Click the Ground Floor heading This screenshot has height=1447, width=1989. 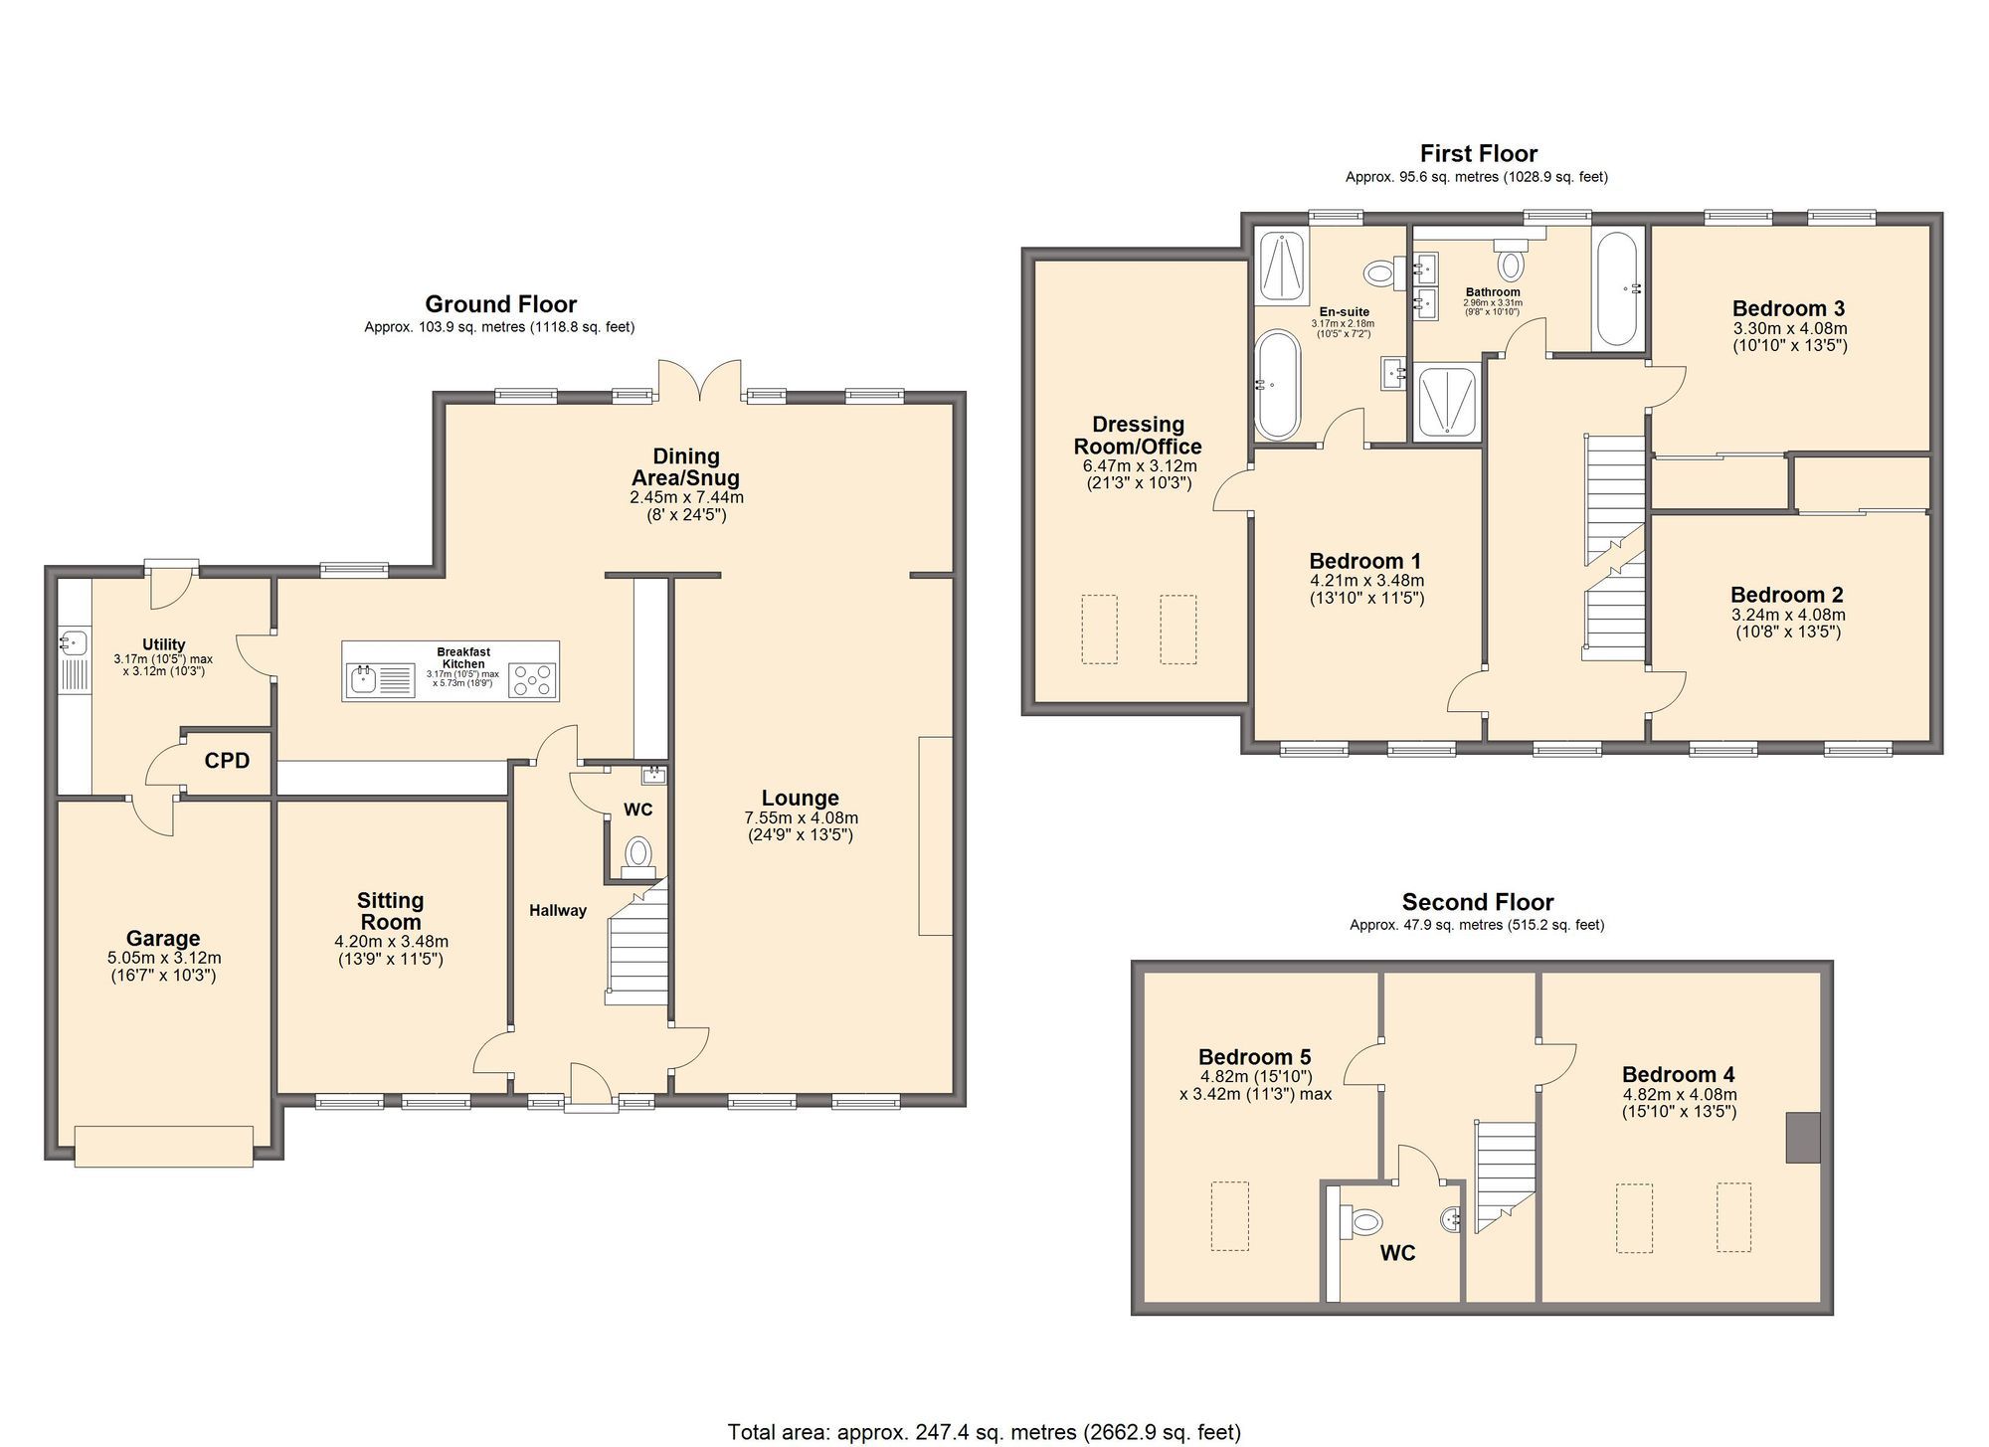pyautogui.click(x=500, y=304)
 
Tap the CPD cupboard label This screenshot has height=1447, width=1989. pyautogui.click(x=227, y=761)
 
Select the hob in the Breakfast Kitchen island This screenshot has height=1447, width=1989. pyautogui.click(x=533, y=681)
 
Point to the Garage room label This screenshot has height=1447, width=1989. pyautogui.click(x=163, y=938)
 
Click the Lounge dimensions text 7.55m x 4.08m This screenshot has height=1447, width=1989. pyautogui.click(x=801, y=817)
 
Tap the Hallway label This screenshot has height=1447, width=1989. pyautogui.click(x=557, y=910)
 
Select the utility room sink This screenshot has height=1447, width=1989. pyautogui.click(x=74, y=641)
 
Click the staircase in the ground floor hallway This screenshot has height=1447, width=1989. pyautogui.click(x=638, y=950)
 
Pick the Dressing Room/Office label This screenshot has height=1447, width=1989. pyautogui.click(x=1138, y=436)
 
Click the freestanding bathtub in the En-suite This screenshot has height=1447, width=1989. pyautogui.click(x=1277, y=385)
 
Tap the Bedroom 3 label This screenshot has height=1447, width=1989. pyautogui.click(x=1788, y=308)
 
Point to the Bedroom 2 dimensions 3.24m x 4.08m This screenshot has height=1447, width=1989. pyautogui.click(x=1788, y=615)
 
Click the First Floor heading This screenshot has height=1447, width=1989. pyautogui.click(x=1478, y=154)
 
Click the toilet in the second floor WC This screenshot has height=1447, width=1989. pyautogui.click(x=1364, y=1221)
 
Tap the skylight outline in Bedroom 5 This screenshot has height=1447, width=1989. pyautogui.click(x=1230, y=1215)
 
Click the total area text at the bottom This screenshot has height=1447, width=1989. pyautogui.click(x=984, y=1432)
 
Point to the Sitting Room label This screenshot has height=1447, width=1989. pyautogui.click(x=391, y=911)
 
